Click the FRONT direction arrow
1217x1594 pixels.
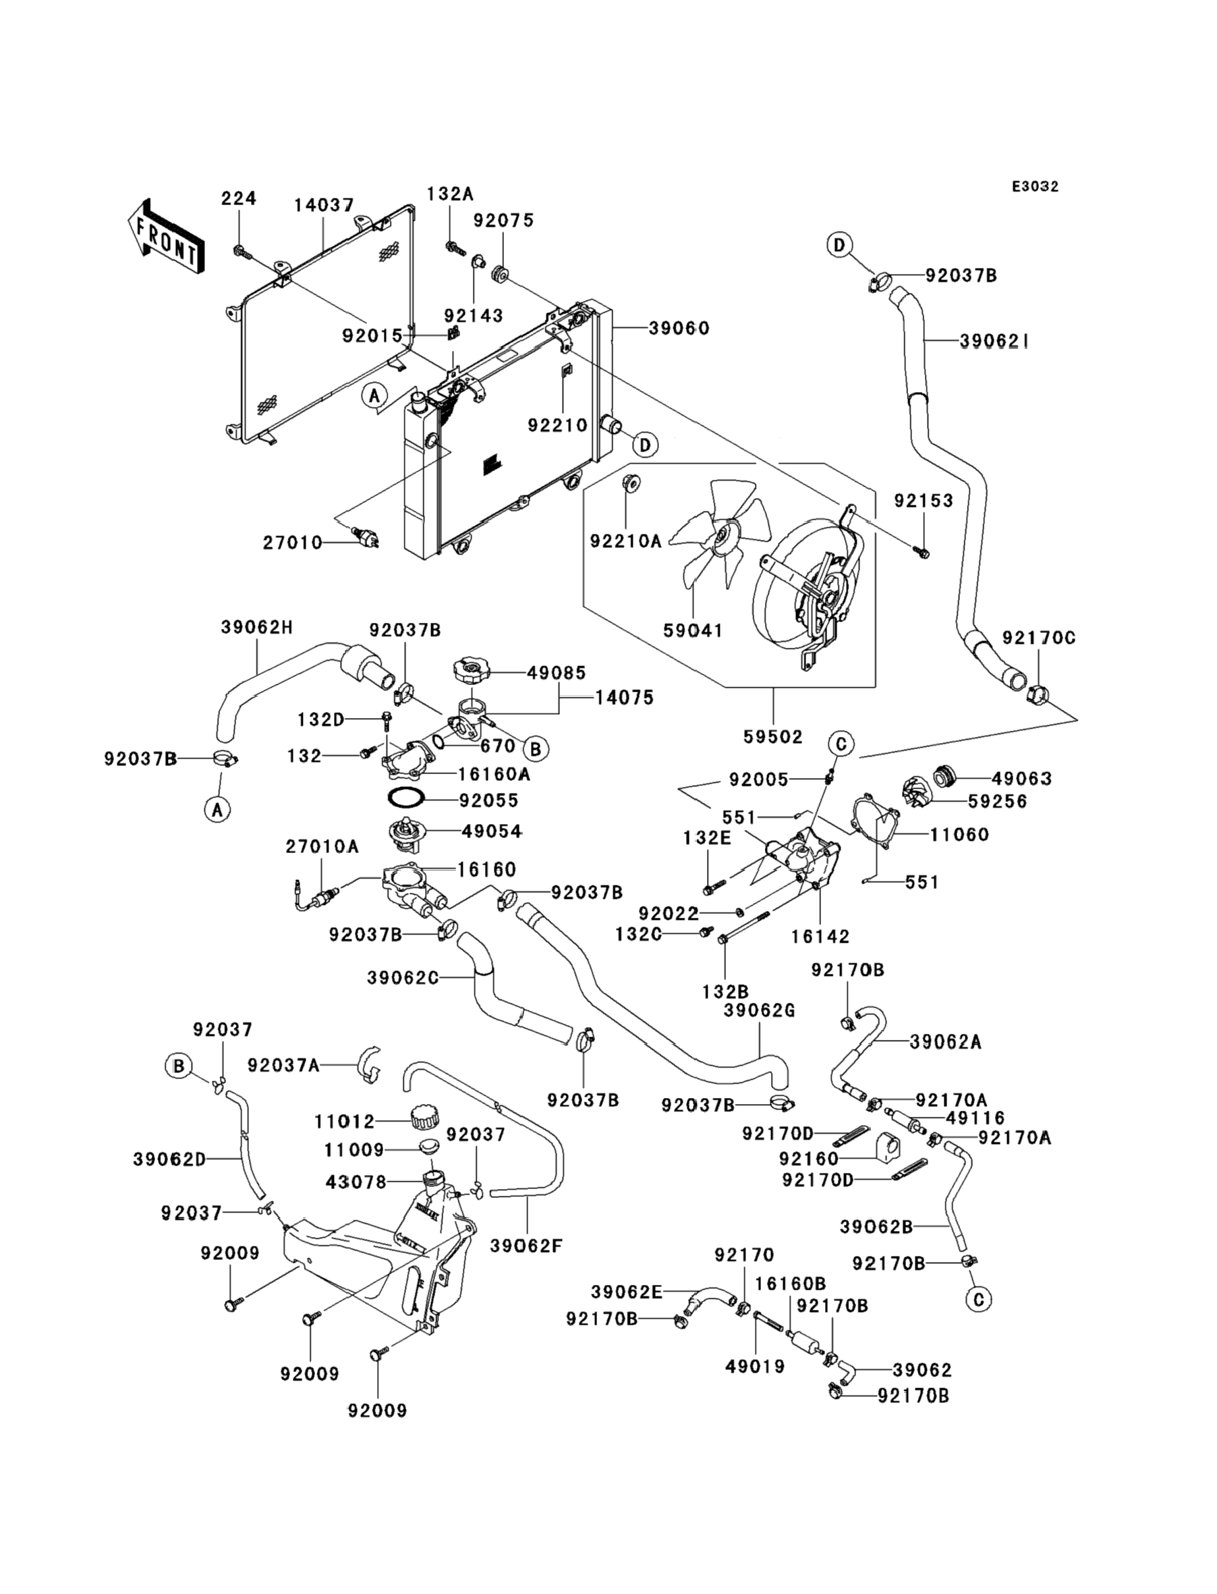[165, 237]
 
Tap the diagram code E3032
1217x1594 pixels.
[1035, 187]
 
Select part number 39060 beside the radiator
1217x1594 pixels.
[679, 328]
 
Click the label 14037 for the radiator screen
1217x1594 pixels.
[324, 205]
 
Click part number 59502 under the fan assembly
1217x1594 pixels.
[773, 737]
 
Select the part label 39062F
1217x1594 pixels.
[527, 1246]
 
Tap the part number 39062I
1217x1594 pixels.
[994, 341]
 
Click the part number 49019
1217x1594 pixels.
[755, 1367]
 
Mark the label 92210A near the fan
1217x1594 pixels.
[626, 541]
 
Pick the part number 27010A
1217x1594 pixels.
[322, 846]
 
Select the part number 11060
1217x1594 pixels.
[959, 835]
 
